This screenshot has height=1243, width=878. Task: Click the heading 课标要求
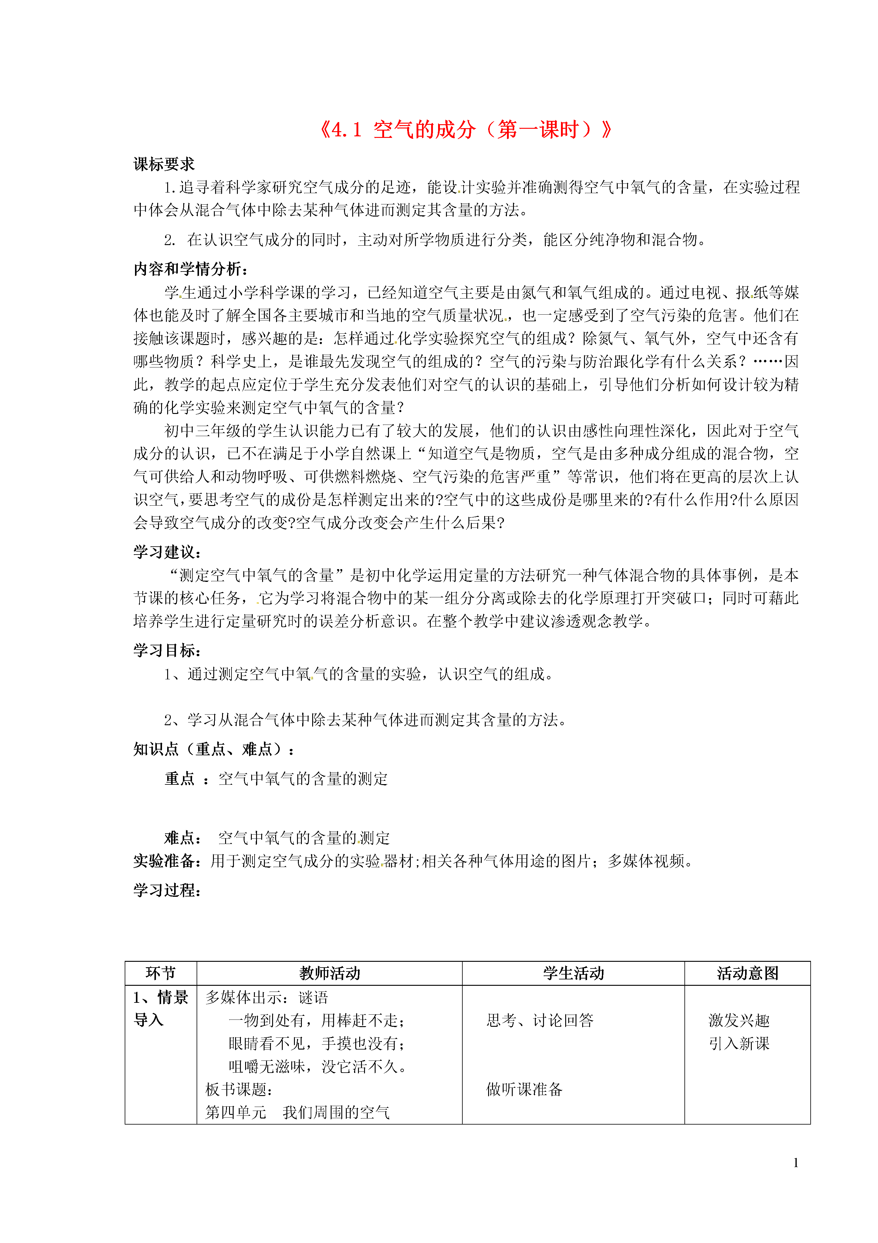point(164,165)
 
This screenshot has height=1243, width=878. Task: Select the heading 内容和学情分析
point(191,269)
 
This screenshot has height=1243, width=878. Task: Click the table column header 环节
point(161,973)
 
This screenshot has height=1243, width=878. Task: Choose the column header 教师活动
point(329,973)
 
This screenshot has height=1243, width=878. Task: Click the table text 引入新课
point(739,1044)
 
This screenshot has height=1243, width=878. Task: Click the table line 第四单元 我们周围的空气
point(298,1113)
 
